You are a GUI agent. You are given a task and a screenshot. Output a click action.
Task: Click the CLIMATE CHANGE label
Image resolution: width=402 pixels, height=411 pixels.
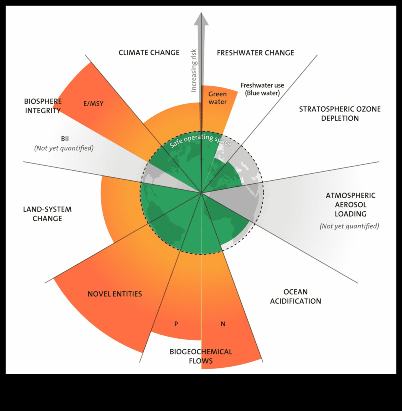coord(149,53)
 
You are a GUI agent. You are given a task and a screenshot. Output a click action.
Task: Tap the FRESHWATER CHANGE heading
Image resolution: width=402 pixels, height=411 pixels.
coord(255,53)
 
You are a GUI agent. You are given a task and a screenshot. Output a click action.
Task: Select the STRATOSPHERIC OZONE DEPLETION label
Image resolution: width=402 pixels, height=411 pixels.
coord(340,113)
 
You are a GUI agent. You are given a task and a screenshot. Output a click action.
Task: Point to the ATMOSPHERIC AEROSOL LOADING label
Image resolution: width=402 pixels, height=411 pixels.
coord(350,205)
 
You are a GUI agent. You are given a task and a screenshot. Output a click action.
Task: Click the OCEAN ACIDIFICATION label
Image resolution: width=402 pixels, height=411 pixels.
coord(295,296)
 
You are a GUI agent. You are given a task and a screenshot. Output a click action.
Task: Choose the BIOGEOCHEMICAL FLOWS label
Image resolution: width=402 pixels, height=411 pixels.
coord(201,356)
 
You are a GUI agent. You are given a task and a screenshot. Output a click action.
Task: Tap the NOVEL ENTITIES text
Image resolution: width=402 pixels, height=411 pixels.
coord(115,294)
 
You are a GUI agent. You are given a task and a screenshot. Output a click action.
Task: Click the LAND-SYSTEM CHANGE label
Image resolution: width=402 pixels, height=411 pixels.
coord(47,214)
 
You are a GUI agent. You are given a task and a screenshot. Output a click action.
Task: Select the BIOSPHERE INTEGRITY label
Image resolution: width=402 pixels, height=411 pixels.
coord(43,106)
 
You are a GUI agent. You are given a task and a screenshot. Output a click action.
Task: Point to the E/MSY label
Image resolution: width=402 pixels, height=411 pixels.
coord(93,104)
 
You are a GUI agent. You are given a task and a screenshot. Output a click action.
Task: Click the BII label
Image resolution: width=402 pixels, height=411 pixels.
coord(65,139)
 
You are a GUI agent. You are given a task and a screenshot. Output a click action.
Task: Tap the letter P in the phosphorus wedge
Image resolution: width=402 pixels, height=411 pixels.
coord(176,324)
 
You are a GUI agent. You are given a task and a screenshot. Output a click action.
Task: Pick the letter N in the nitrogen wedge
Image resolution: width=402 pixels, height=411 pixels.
coord(223,324)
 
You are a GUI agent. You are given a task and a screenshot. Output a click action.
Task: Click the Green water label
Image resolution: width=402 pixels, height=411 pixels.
coord(217,98)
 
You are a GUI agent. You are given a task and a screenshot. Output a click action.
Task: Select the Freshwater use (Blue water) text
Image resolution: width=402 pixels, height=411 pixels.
coord(262,89)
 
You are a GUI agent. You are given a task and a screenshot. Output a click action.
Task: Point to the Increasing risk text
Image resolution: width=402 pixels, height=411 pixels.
coord(193,71)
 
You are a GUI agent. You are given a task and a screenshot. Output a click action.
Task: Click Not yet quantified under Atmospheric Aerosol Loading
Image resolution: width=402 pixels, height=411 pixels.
coord(349,226)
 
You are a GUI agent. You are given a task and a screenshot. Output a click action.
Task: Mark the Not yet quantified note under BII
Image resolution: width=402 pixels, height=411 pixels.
coord(64,148)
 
